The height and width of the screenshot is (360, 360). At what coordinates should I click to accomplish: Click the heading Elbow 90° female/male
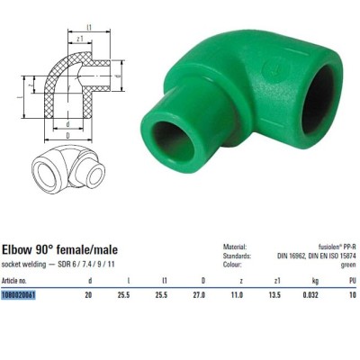[61, 248]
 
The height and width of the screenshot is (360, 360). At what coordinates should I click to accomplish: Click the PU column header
[352, 281]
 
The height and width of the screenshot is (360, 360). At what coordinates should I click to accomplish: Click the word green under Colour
[349, 265]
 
